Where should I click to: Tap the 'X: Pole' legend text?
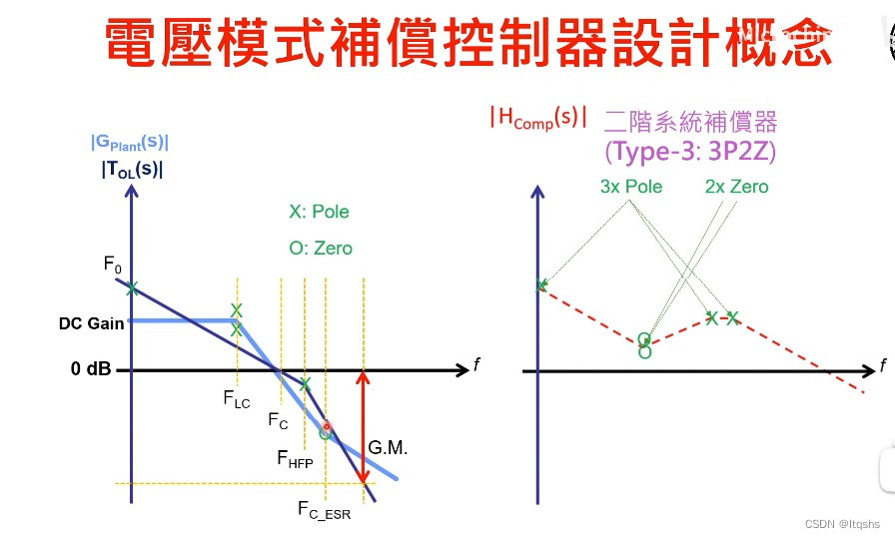tap(319, 212)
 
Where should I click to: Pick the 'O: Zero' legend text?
tap(320, 248)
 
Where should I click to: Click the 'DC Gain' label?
tap(91, 324)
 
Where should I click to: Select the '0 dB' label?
tap(91, 369)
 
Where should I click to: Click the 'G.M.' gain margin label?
tap(388, 448)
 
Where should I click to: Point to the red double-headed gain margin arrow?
tap(363, 429)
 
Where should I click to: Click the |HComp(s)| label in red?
tap(537, 118)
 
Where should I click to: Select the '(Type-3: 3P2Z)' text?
tap(690, 151)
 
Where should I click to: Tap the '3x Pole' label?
tap(631, 187)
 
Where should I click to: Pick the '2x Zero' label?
tap(736, 187)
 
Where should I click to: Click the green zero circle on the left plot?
tap(325, 433)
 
